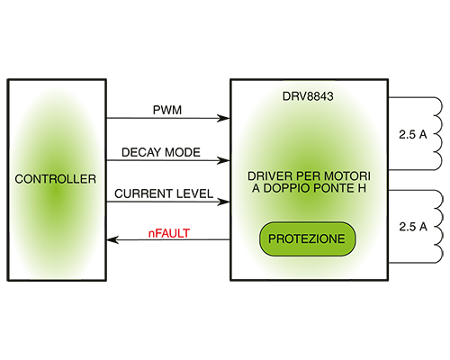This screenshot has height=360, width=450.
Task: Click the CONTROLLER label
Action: click(x=56, y=179)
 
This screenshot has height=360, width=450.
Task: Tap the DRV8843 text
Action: click(x=308, y=96)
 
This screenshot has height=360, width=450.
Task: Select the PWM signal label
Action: click(x=167, y=110)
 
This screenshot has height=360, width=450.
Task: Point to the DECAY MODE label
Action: click(x=161, y=152)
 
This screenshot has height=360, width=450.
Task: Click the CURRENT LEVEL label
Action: click(x=164, y=193)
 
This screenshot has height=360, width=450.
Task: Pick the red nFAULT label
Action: click(x=169, y=233)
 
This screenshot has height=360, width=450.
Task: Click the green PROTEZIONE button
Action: click(x=307, y=238)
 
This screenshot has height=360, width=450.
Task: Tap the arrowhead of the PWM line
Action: click(x=223, y=118)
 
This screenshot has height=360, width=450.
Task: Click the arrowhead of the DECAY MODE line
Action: click(x=223, y=160)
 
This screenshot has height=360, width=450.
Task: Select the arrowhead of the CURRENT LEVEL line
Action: click(x=223, y=202)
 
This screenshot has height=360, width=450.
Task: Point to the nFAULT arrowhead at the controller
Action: click(x=112, y=239)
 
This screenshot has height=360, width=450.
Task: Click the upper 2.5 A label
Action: click(x=413, y=135)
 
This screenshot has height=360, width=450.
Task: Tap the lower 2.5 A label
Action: click(x=413, y=227)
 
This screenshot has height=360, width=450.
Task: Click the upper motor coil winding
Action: click(x=438, y=133)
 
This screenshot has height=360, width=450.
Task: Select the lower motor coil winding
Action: click(x=439, y=227)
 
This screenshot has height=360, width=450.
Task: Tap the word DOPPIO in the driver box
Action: click(x=286, y=188)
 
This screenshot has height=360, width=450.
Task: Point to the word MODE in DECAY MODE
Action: click(x=183, y=152)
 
